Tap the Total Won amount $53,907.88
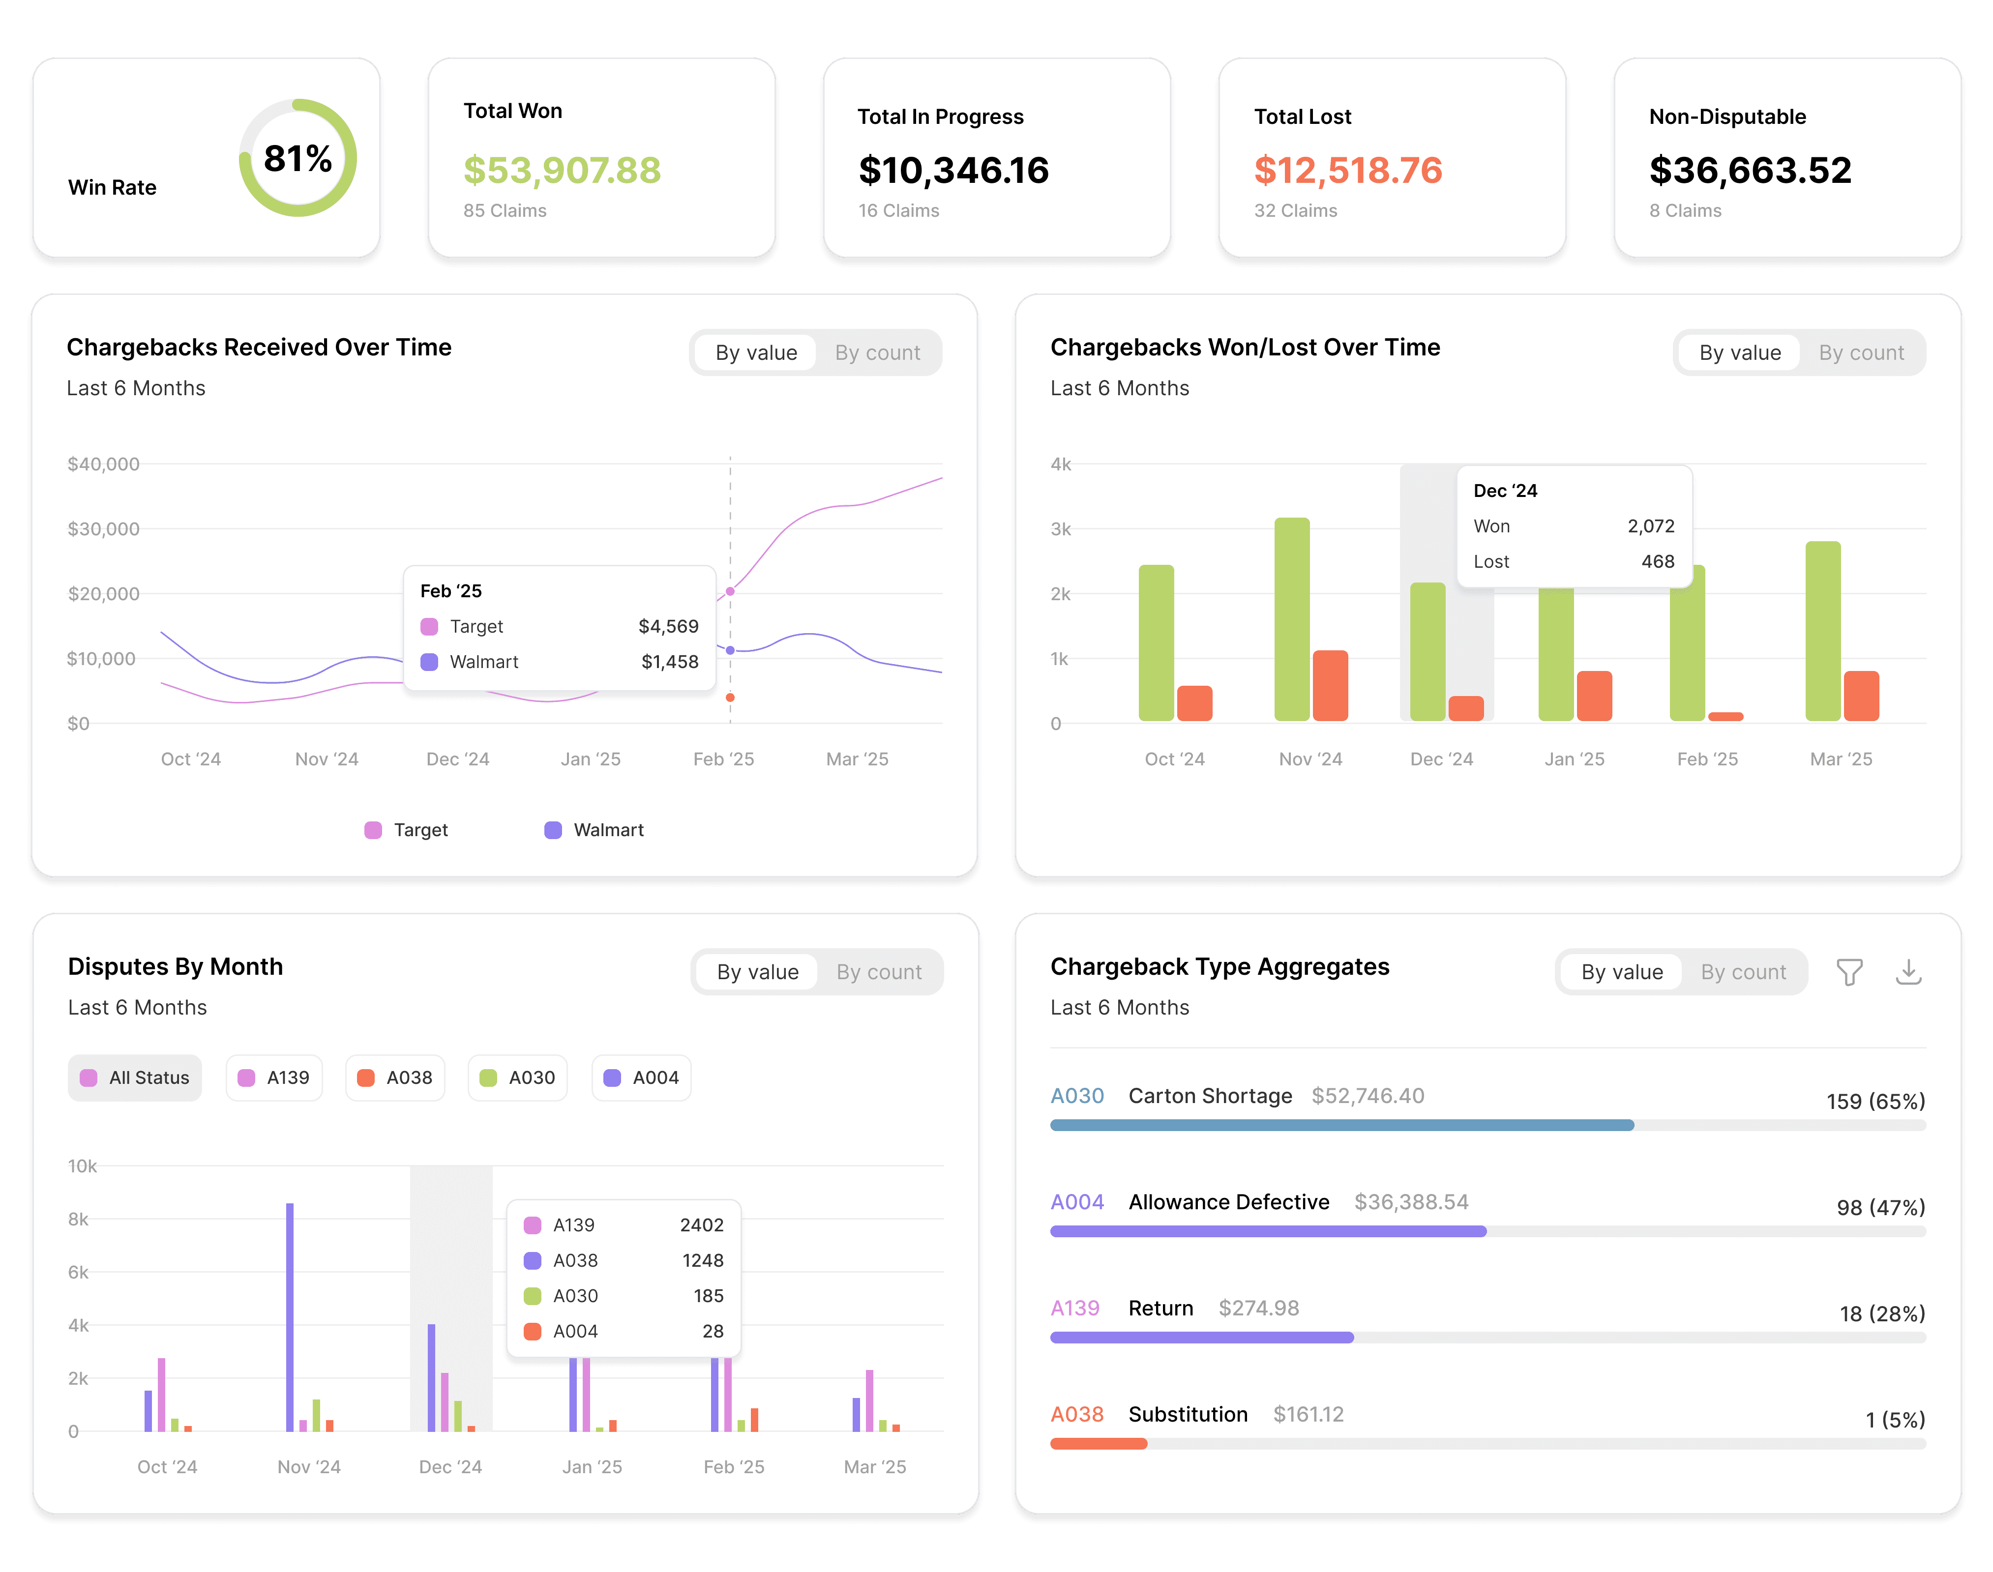click(x=562, y=170)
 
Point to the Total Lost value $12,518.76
click(x=1348, y=170)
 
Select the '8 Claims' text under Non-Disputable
click(x=1685, y=211)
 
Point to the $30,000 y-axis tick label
click(x=103, y=529)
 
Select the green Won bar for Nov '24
click(x=1291, y=619)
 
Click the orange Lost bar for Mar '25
click(x=1860, y=696)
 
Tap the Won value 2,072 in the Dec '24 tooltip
click(x=1651, y=526)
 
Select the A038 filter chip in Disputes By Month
click(x=395, y=1078)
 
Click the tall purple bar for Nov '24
click(x=290, y=1317)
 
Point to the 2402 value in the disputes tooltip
click(x=702, y=1225)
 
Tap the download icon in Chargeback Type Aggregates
click(x=1908, y=972)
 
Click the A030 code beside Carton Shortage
click(x=1077, y=1096)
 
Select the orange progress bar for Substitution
click(x=1099, y=1444)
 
